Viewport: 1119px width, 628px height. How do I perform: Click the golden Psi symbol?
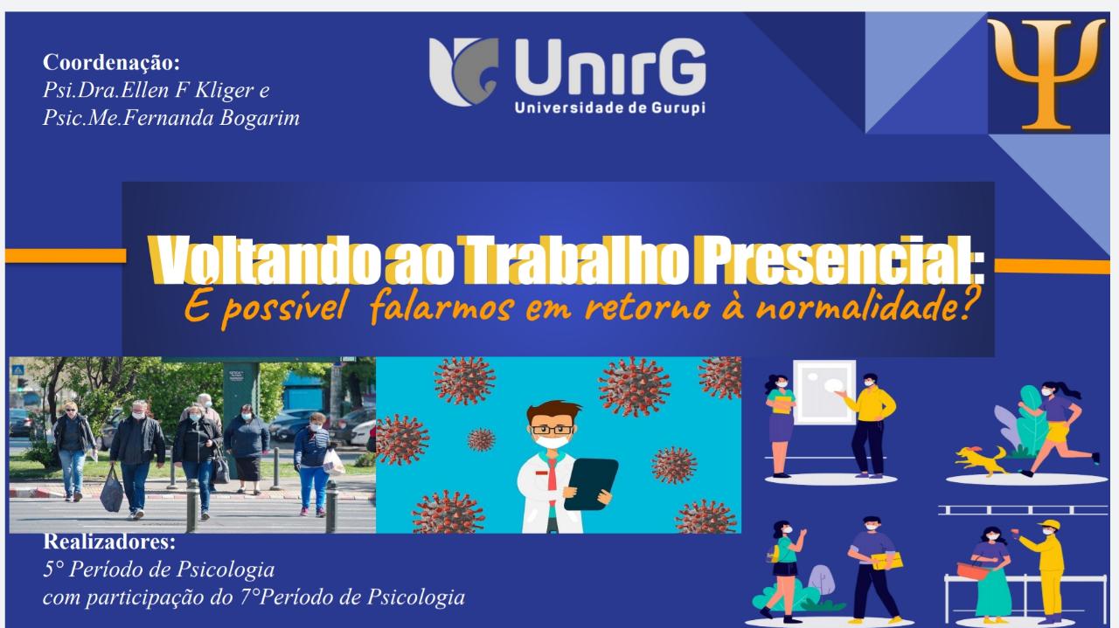pos(1046,74)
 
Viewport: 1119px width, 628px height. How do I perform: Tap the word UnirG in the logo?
pos(610,67)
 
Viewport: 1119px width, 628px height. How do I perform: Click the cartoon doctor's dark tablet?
pos(591,484)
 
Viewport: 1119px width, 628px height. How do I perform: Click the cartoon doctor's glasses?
pos(552,430)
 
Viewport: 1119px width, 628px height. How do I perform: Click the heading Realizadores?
pos(109,542)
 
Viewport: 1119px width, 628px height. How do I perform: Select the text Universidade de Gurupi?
pos(610,107)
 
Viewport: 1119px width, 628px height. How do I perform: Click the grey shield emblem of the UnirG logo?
pos(463,72)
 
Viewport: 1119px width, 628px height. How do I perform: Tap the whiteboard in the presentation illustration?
pos(824,392)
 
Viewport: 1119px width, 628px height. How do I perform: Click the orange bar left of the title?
pos(66,256)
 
